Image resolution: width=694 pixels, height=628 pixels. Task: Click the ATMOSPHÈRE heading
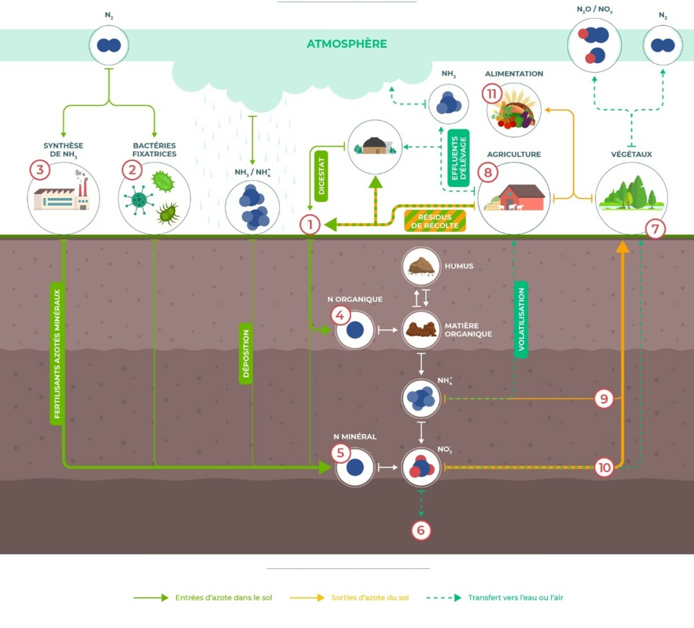346,44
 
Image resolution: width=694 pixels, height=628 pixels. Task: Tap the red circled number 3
40,170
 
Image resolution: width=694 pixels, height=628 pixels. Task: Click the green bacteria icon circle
154,199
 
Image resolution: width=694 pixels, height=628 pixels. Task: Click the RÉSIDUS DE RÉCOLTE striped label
434,221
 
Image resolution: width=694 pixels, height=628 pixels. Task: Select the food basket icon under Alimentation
514,111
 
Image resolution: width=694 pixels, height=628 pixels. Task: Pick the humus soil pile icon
421,266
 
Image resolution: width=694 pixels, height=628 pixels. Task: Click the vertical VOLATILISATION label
521,319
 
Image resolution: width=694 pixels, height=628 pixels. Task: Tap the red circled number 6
421,530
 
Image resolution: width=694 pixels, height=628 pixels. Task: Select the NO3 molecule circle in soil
421,467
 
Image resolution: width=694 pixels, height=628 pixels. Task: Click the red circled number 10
604,467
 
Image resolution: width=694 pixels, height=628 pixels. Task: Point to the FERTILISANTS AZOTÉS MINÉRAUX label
57,353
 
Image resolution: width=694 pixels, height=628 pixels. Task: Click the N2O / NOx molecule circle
594,45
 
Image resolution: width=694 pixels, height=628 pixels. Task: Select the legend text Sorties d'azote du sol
370,598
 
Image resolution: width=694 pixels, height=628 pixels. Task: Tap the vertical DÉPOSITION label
246,353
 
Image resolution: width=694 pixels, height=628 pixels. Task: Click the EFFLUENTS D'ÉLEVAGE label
459,158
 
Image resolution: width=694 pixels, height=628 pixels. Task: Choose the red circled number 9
604,398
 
